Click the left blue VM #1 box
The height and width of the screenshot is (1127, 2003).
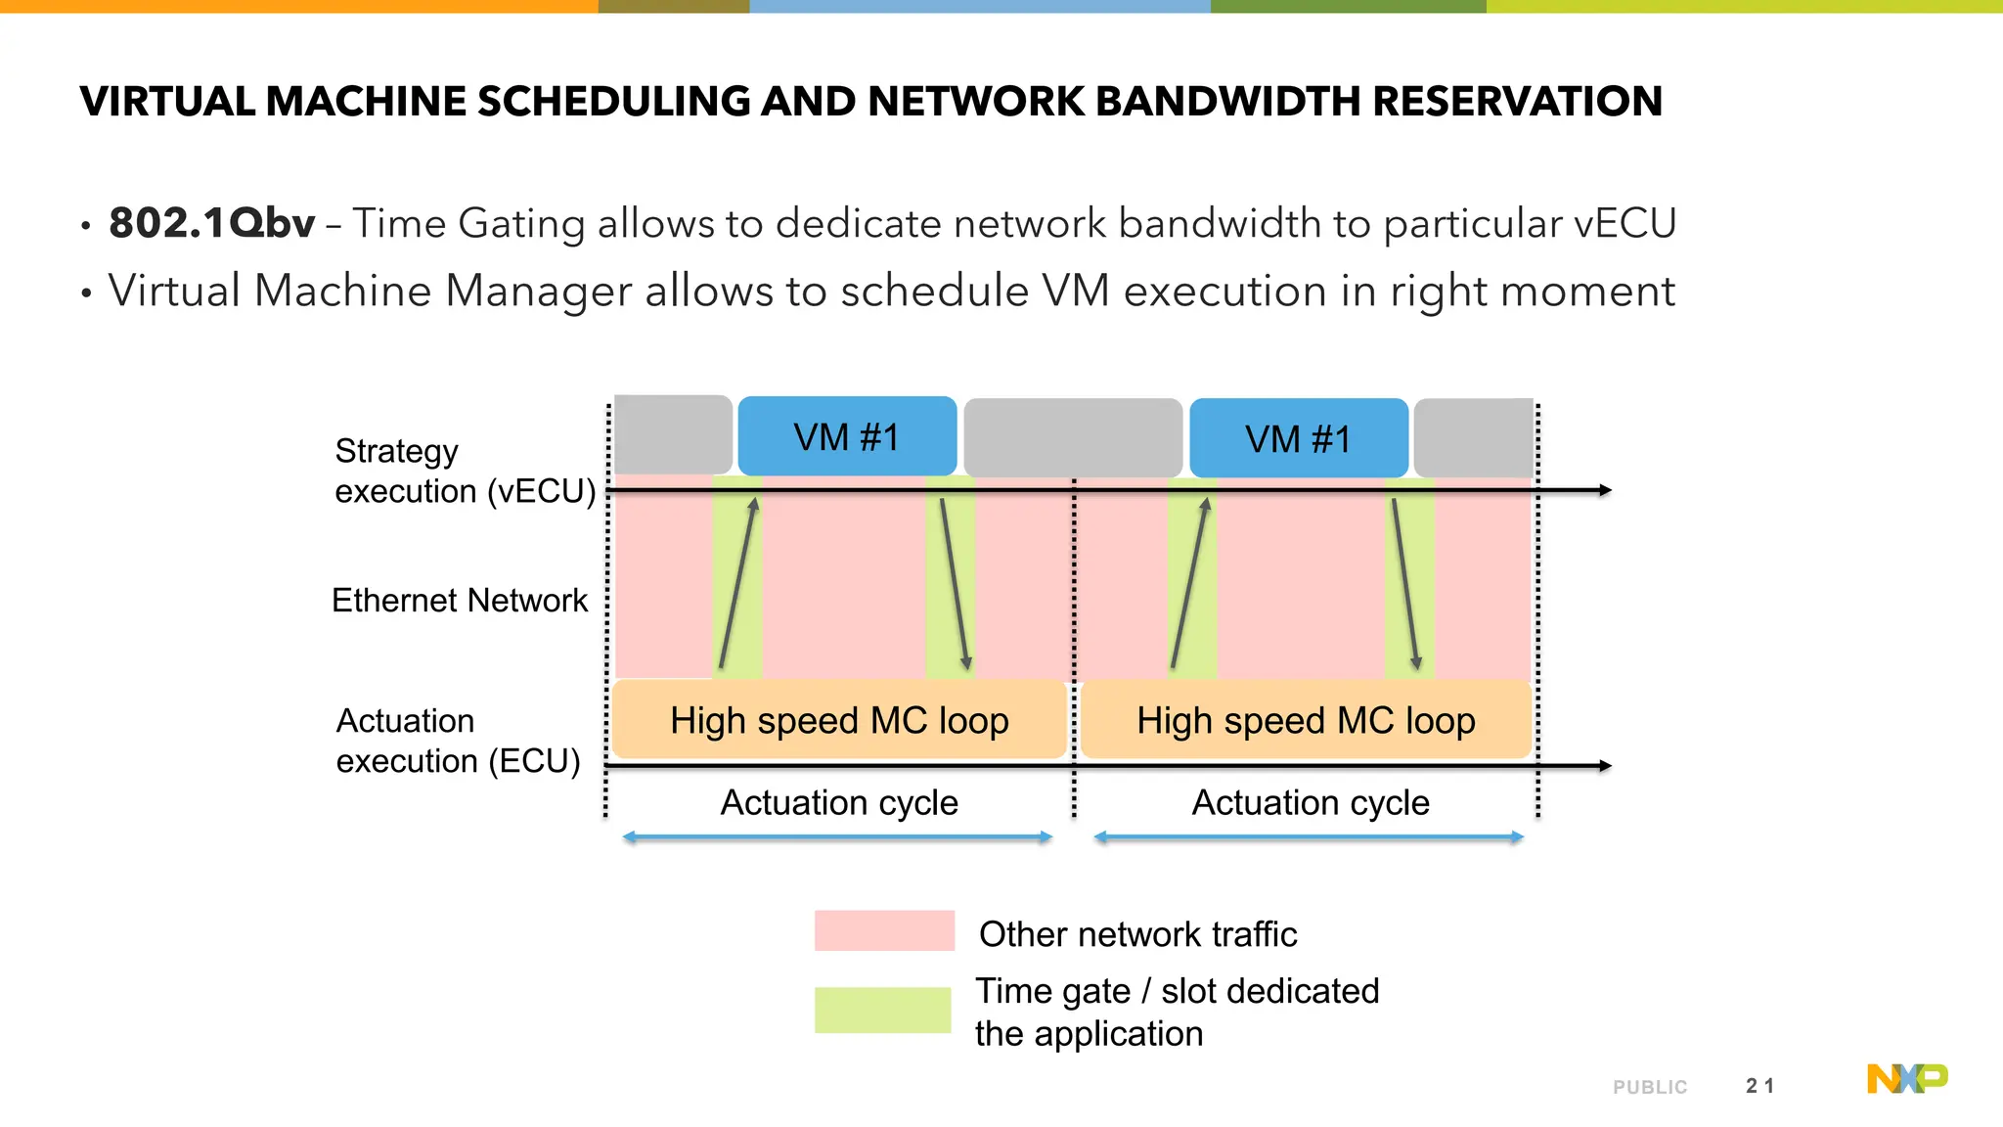(847, 436)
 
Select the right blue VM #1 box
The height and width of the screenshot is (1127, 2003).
(1299, 438)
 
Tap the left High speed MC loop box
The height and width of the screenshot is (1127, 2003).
(839, 720)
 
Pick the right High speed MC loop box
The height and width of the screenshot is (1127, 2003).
(1306, 720)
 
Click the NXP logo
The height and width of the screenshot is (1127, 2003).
(1907, 1078)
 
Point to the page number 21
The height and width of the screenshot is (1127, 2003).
(1759, 1086)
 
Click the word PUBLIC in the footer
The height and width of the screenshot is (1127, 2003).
(1650, 1087)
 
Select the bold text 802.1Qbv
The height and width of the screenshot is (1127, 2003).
(212, 223)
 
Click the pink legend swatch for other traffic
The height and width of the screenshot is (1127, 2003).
(884, 930)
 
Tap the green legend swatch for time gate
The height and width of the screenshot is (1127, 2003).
(882, 1010)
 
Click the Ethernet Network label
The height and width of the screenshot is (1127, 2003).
(460, 600)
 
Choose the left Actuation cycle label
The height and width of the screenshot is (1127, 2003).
(839, 802)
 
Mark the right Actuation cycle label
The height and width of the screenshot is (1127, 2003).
(1311, 802)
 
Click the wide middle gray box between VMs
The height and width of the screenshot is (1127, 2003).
(1073, 437)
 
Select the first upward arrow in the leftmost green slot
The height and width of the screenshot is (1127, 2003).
(738, 584)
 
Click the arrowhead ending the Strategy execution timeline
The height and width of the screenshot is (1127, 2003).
(1605, 489)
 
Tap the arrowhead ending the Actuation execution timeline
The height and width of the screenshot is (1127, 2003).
(1605, 766)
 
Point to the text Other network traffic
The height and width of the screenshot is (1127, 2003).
(1137, 934)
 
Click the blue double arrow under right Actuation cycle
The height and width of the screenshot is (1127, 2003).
(1309, 837)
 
